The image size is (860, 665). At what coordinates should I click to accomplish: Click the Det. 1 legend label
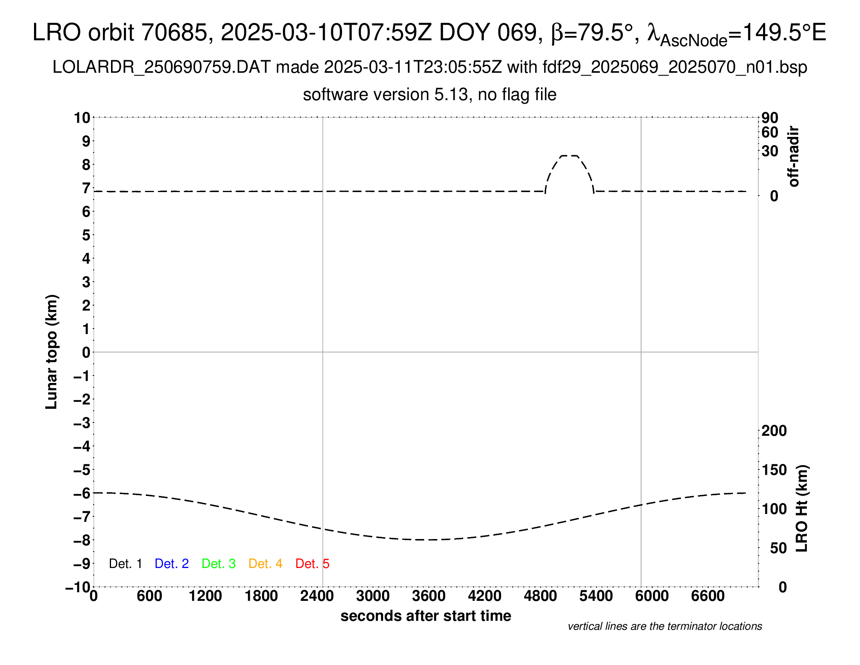click(x=125, y=564)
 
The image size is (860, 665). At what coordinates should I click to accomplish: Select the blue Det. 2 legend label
click(x=172, y=564)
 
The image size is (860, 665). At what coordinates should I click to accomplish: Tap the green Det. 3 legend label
click(x=219, y=564)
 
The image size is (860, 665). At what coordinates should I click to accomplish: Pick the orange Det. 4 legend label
click(x=265, y=564)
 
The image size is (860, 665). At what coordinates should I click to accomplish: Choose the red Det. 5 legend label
click(x=312, y=564)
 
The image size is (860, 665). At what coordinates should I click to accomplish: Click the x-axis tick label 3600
click(x=429, y=596)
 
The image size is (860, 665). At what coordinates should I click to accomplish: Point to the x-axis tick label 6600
click(x=708, y=596)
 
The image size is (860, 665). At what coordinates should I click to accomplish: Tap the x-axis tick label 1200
click(x=205, y=596)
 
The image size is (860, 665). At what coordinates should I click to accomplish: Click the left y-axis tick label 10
click(x=82, y=118)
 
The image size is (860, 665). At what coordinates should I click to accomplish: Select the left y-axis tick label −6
click(x=82, y=493)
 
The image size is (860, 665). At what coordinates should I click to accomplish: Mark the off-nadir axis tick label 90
click(x=770, y=118)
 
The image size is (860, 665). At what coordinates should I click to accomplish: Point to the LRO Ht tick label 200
click(x=774, y=431)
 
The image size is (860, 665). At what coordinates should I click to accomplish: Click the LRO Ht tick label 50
click(x=778, y=548)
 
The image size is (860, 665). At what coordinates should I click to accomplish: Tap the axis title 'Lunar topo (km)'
click(x=52, y=352)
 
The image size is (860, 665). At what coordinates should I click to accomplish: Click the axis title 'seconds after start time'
click(x=426, y=616)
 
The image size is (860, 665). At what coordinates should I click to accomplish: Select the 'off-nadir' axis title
click(x=794, y=156)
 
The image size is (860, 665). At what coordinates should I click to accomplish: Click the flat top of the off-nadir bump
click(x=569, y=156)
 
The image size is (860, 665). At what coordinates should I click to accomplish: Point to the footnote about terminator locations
click(x=665, y=627)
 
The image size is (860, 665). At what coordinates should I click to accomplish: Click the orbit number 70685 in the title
click(x=174, y=32)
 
